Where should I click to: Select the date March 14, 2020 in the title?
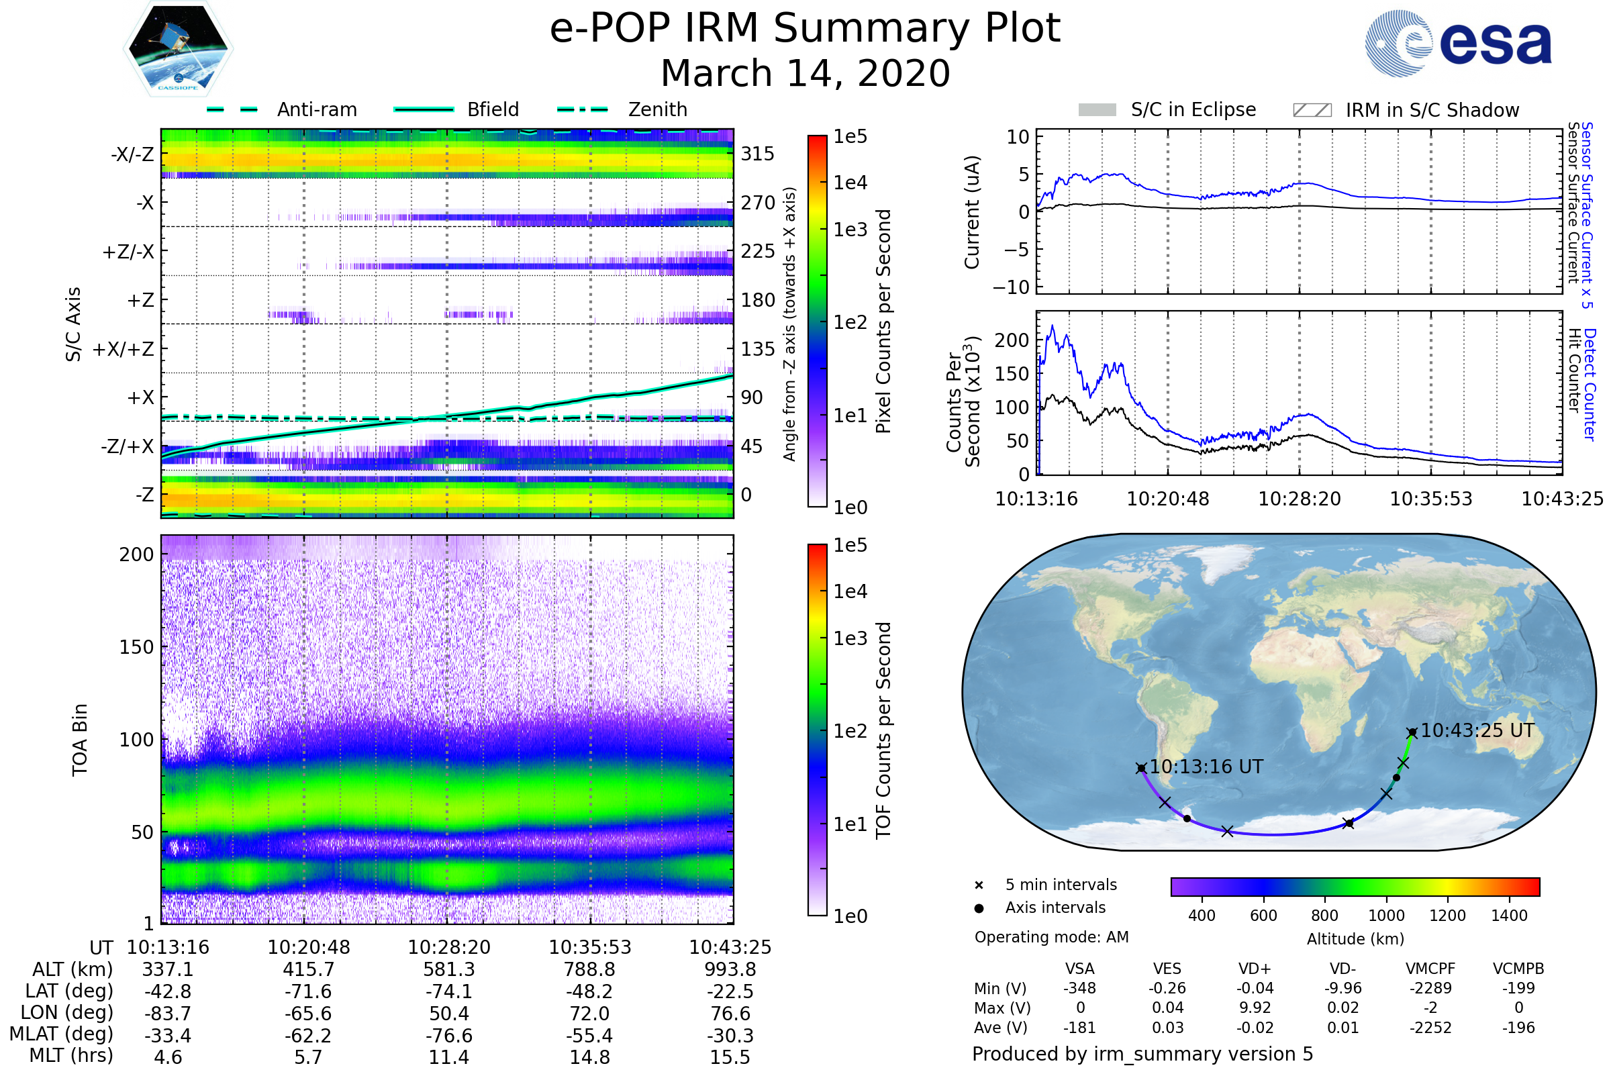[805, 73]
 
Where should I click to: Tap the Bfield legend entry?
[493, 109]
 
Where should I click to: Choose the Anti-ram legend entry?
[316, 109]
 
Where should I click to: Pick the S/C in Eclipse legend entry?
[1193, 109]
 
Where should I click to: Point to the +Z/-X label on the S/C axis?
[128, 251]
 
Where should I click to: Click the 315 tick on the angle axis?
[757, 154]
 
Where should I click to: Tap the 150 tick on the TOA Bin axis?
[136, 646]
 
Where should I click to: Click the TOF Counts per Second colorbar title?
[883, 730]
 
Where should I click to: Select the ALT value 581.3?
[448, 969]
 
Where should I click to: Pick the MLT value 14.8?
[589, 1057]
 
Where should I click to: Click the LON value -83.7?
[168, 1013]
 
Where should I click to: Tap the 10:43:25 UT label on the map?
[1477, 730]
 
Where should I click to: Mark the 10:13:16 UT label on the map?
[1206, 767]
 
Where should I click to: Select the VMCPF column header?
[1430, 969]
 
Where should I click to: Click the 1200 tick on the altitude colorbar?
[1447, 915]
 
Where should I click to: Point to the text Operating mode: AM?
[1051, 937]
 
